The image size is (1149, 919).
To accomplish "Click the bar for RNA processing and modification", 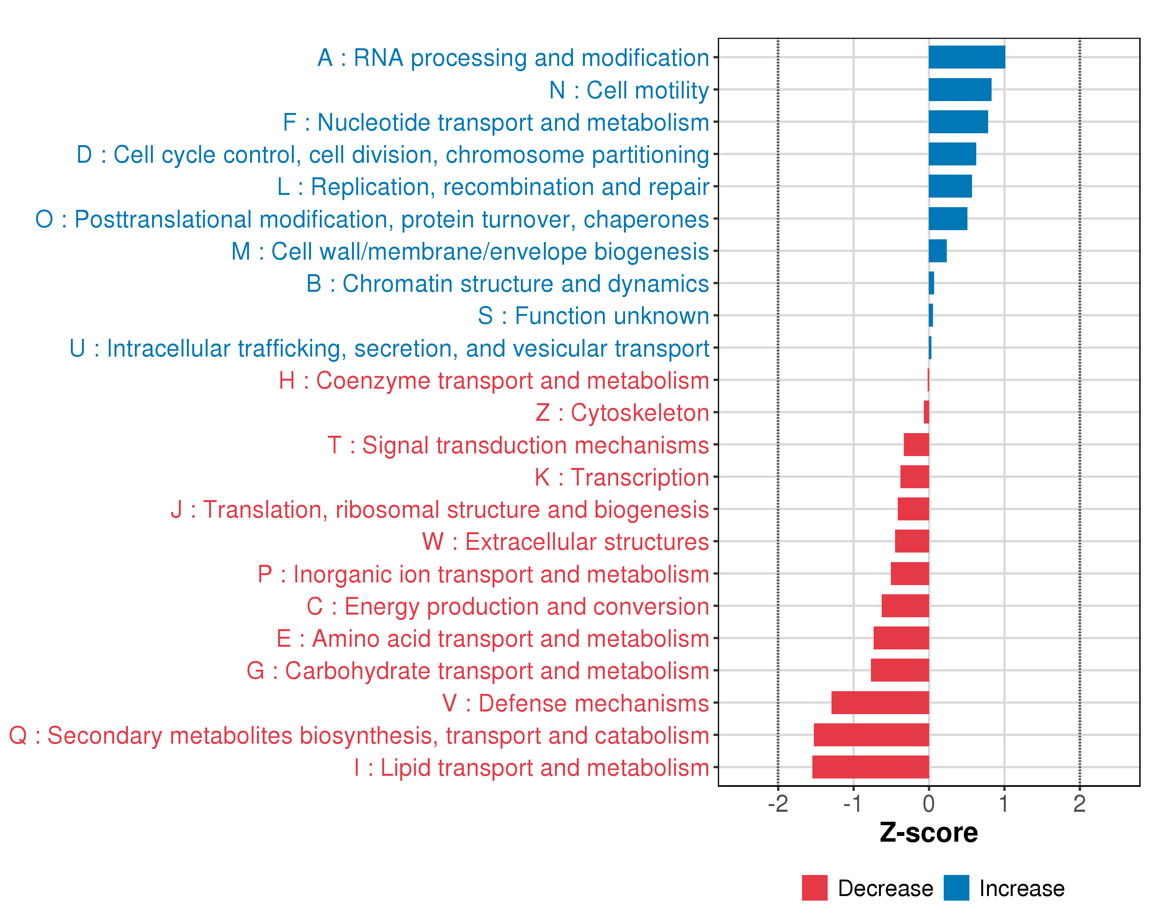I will (x=967, y=57).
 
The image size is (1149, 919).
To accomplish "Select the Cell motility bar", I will (x=960, y=90).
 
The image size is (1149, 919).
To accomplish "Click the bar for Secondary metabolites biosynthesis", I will (x=871, y=735).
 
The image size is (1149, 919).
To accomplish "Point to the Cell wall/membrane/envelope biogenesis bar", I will (x=938, y=251).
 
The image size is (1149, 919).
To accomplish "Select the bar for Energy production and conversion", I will (x=905, y=606).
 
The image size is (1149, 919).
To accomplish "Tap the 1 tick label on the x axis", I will (x=1004, y=804).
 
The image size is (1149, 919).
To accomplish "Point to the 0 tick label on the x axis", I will (x=928, y=804).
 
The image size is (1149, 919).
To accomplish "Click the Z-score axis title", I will (x=928, y=833).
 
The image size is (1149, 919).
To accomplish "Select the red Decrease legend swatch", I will (x=814, y=888).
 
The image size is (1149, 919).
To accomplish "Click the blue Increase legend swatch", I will (x=956, y=888).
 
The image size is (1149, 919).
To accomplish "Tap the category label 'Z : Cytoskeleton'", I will (x=622, y=413).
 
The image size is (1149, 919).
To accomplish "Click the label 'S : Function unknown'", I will (x=593, y=316).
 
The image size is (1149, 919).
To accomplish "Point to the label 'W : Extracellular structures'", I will (x=565, y=542).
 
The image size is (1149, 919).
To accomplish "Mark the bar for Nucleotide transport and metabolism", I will (x=958, y=122).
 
